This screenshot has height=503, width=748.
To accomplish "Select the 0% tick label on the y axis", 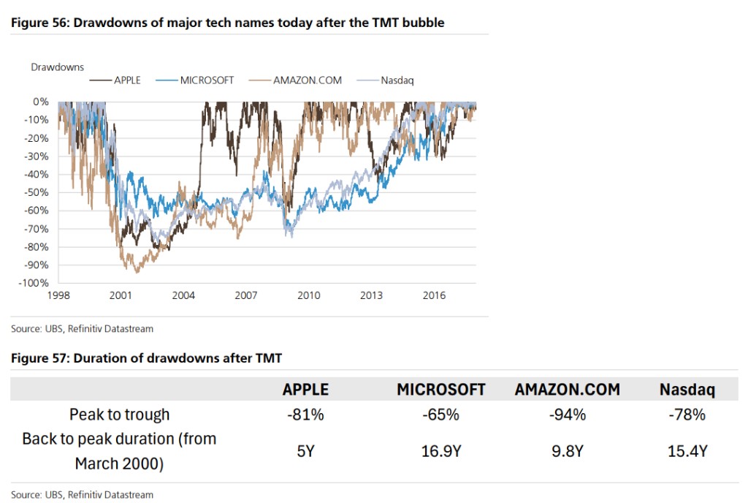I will (41, 102).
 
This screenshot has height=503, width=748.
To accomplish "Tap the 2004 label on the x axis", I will (183, 295).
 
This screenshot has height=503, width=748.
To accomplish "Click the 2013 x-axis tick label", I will (372, 295).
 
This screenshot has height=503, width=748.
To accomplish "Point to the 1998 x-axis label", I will (58, 295).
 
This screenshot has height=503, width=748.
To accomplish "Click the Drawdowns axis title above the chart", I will (58, 67).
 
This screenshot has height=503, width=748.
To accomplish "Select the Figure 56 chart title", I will (227, 23).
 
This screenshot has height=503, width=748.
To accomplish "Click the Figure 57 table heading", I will (145, 358).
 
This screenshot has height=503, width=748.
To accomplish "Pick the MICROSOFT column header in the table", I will (440, 390).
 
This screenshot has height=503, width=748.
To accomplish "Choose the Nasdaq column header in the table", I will (687, 390).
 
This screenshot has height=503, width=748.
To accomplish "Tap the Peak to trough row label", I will (119, 415).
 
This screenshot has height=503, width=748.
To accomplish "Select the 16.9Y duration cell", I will (440, 451).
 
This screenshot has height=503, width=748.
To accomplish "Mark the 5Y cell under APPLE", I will (306, 451).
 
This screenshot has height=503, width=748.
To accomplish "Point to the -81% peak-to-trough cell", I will (306, 415).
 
